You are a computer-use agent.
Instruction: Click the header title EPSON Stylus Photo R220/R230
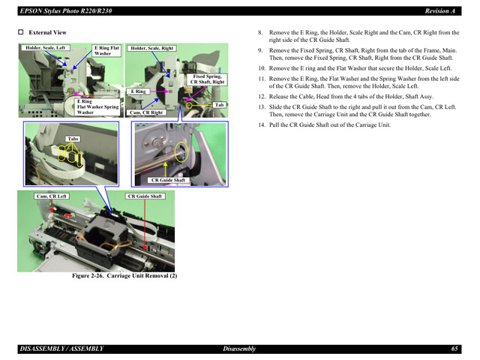coord(59,10)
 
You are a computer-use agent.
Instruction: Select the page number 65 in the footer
coord(454,349)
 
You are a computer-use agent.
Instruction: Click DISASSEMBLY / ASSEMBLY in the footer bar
coord(61,349)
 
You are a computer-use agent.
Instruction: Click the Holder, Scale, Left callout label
coord(45,48)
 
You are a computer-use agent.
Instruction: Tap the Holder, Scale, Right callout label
coord(152,48)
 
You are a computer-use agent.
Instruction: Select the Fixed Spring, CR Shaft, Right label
coord(208,79)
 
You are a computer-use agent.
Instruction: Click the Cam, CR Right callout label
coord(145,112)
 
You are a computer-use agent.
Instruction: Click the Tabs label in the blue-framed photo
coord(73,139)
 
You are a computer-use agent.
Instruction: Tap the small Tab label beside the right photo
coord(219,105)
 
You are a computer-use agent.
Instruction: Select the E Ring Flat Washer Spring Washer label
coord(97,106)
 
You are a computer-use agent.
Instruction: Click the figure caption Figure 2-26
coord(124,276)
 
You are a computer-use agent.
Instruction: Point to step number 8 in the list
coord(260,33)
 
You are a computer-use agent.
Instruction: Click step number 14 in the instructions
coord(262,124)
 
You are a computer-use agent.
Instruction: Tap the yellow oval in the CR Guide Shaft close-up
coord(180,153)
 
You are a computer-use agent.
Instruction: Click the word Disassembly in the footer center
coord(239,349)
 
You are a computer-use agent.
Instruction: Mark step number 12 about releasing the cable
coord(262,97)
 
